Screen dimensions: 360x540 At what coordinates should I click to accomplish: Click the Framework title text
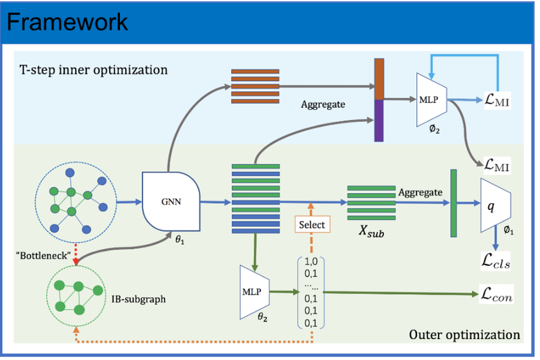pyautogui.click(x=67, y=22)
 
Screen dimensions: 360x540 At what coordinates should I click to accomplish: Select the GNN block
pyautogui.click(x=170, y=202)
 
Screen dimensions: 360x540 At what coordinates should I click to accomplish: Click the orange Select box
pyautogui.click(x=311, y=224)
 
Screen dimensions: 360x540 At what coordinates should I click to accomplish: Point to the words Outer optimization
pyautogui.click(x=464, y=334)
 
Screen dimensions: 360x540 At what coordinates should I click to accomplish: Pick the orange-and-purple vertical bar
pyautogui.click(x=379, y=100)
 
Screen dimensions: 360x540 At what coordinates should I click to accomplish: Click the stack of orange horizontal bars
pyautogui.click(x=255, y=86)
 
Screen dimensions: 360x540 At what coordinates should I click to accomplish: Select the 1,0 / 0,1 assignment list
pyautogui.click(x=311, y=293)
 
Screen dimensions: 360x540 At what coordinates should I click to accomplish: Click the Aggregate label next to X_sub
pyautogui.click(x=419, y=192)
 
